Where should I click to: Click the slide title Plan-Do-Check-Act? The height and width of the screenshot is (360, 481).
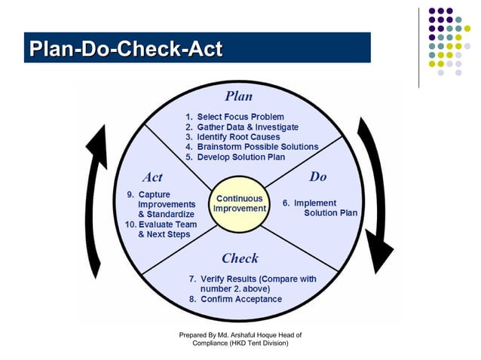[x=126, y=50]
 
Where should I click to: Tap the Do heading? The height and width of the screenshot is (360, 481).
[x=318, y=177]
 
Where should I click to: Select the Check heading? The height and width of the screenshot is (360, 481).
[x=240, y=258]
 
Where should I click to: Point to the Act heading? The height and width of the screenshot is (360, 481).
[x=152, y=178]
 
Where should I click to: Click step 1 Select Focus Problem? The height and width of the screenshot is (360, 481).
[x=234, y=117]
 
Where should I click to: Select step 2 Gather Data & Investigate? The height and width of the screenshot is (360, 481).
[x=242, y=127]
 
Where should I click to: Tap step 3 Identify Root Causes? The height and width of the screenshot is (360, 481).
[x=234, y=137]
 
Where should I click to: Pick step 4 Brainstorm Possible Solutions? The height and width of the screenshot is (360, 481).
[x=252, y=147]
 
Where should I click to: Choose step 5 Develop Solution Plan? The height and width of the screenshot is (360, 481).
[x=235, y=157]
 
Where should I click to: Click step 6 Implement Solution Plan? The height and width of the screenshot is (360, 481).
[x=320, y=208]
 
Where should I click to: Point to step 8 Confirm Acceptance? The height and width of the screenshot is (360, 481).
[x=235, y=299]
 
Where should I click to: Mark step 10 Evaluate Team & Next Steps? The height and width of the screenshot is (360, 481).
[x=161, y=229]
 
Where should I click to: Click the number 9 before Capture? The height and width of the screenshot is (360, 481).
[x=130, y=194]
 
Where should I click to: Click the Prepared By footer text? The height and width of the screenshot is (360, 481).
[x=240, y=338]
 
